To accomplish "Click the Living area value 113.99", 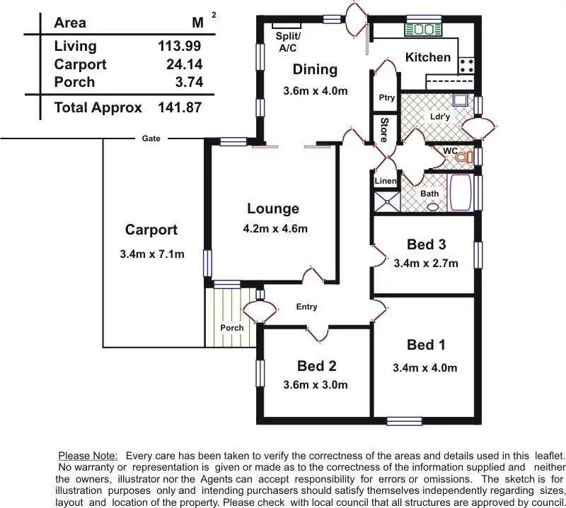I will pyautogui.click(x=180, y=47).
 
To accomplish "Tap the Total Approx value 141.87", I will pyautogui.click(x=180, y=108).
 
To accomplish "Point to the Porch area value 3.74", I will pyautogui.click(x=189, y=82).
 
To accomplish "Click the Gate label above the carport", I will pyautogui.click(x=151, y=138).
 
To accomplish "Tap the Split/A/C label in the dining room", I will pyautogui.click(x=287, y=41).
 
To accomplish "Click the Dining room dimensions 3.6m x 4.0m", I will pyautogui.click(x=315, y=90).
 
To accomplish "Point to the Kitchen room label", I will pyautogui.click(x=427, y=57).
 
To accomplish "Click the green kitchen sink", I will pyautogui.click(x=423, y=30).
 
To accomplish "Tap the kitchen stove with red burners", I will pyautogui.click(x=467, y=66).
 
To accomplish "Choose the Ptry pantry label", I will pyautogui.click(x=386, y=98).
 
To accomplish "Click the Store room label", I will pyautogui.click(x=384, y=129).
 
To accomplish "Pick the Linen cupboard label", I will pyautogui.click(x=386, y=182).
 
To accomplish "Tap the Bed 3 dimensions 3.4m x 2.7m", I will pyautogui.click(x=426, y=264).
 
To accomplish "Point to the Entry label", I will pyautogui.click(x=306, y=307).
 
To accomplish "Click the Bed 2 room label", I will pyautogui.click(x=316, y=366).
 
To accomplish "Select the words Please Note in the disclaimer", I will pyautogui.click(x=87, y=456).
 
